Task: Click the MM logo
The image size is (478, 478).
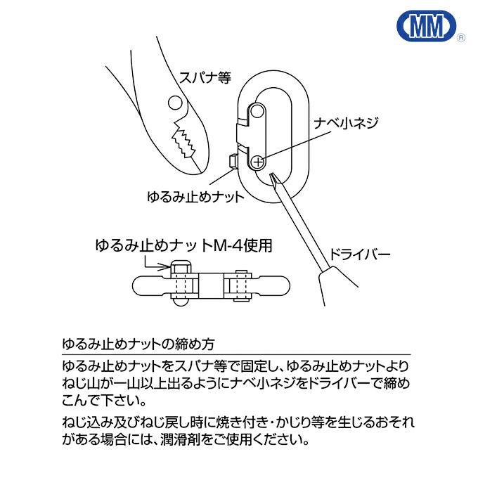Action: click(x=427, y=26)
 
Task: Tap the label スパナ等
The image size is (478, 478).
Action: click(x=205, y=77)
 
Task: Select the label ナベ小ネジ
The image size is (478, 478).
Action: click(x=347, y=123)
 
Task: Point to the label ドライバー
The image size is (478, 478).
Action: click(x=360, y=254)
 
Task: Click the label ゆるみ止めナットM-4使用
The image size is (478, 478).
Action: click(x=183, y=246)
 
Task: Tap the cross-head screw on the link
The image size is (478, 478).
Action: click(x=258, y=162)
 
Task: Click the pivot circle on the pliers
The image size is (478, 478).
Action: click(x=175, y=103)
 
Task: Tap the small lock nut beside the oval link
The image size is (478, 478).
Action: click(x=233, y=161)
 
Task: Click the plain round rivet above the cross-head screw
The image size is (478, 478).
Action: click(x=257, y=110)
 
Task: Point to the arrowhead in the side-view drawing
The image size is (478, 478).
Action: click(x=166, y=267)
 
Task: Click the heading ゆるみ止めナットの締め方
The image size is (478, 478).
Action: click(x=138, y=344)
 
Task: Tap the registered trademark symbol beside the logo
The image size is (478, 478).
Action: click(x=461, y=38)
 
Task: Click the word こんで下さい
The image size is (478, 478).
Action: click(x=104, y=401)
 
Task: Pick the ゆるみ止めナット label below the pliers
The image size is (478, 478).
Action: click(x=195, y=197)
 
